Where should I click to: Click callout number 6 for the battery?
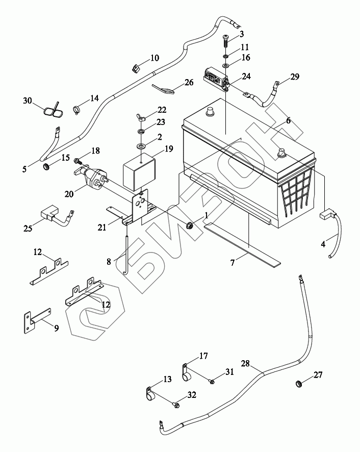tap(289, 121)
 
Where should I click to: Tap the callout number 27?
tap(319, 375)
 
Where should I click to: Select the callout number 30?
tap(27, 101)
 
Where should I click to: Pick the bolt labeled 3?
tap(226, 38)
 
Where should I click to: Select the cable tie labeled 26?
tap(163, 88)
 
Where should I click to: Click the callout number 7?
tap(233, 263)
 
